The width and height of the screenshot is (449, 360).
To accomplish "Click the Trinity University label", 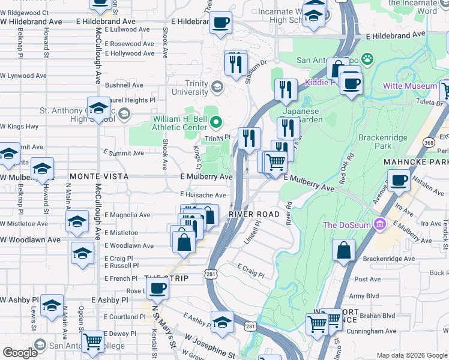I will (190, 88).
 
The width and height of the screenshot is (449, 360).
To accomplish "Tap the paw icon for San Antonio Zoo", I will (367, 59).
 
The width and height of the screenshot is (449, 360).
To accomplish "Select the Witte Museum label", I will (411, 86).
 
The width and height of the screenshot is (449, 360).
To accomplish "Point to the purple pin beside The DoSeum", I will (379, 225).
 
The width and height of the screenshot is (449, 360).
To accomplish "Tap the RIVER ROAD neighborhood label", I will (254, 214).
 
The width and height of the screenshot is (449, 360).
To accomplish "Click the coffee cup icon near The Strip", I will (157, 287).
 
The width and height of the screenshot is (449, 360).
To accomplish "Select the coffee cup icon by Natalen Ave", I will (398, 179).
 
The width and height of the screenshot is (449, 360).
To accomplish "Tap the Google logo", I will (20, 353).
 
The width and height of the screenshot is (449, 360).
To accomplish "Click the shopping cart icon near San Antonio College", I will (93, 342).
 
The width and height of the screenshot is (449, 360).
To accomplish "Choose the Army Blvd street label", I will (365, 296).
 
